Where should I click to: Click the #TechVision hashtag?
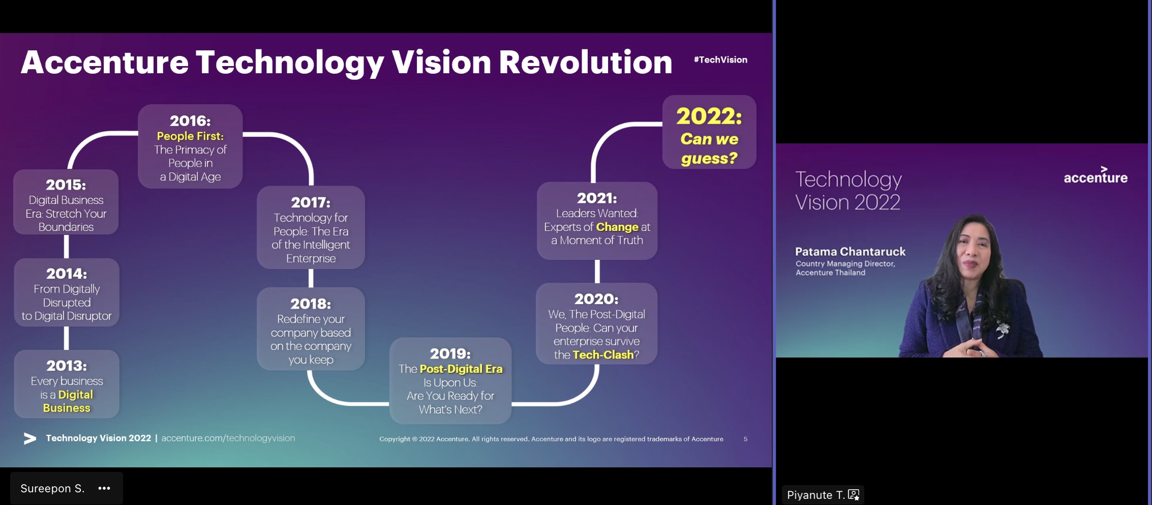[x=720, y=60]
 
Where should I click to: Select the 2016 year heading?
[x=190, y=121]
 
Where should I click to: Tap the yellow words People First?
[x=190, y=136]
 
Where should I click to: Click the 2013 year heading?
[x=67, y=366]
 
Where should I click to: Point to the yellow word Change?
[x=617, y=227]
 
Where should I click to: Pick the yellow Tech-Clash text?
[x=603, y=355]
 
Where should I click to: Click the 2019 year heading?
[x=450, y=353]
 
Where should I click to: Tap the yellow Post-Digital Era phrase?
[x=461, y=369]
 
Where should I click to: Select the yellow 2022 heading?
[x=709, y=116]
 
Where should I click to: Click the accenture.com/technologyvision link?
[x=228, y=438]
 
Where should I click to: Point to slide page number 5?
[x=745, y=439]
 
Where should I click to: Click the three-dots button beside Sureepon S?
[x=104, y=488]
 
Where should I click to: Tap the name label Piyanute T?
[x=815, y=495]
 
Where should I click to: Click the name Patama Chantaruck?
[x=850, y=252]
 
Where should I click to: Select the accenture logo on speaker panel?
[x=1096, y=175]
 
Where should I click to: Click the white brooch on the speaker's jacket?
[x=1002, y=330]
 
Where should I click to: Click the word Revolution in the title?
[x=585, y=62]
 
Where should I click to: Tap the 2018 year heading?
[x=311, y=304]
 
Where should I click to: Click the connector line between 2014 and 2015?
[x=66, y=247]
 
